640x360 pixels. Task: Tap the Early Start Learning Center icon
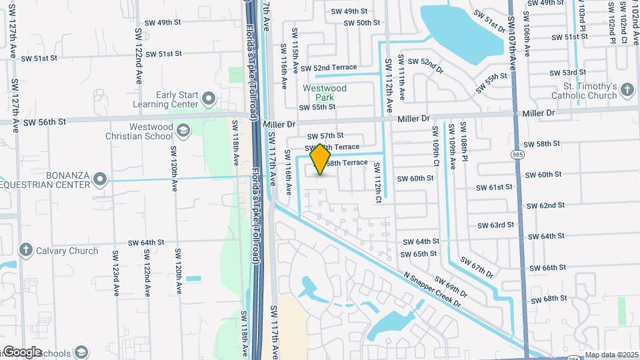click(x=209, y=99)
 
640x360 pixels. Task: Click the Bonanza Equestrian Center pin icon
click(x=100, y=179)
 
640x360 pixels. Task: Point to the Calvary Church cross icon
click(x=26, y=251)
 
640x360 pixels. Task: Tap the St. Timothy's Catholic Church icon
click(x=628, y=91)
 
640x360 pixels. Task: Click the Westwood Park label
click(x=325, y=93)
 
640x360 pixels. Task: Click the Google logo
click(x=22, y=352)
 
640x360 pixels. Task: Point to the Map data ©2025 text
click(x=612, y=355)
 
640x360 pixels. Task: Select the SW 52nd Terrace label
click(x=329, y=68)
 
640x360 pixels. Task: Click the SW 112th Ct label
click(x=377, y=183)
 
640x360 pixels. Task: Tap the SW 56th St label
click(x=45, y=122)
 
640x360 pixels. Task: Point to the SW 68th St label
click(x=549, y=298)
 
